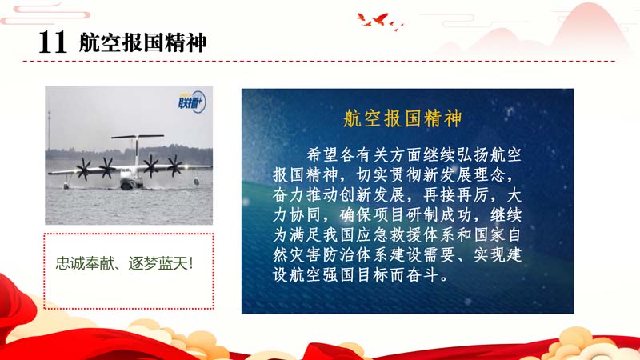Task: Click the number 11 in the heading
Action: coord(52,42)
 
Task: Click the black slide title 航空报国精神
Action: coord(143,42)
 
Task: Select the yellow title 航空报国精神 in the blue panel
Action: coord(402,118)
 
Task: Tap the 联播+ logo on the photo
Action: coord(191,102)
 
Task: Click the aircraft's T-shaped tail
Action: coord(137,141)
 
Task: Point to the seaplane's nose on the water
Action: coord(127,185)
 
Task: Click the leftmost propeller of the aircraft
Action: coord(84,169)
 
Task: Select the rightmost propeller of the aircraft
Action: coord(175,166)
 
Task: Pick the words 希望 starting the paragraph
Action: coord(322,155)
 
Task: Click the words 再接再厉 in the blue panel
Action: coord(456,195)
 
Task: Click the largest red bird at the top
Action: coord(380,18)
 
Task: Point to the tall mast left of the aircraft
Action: coord(49,130)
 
